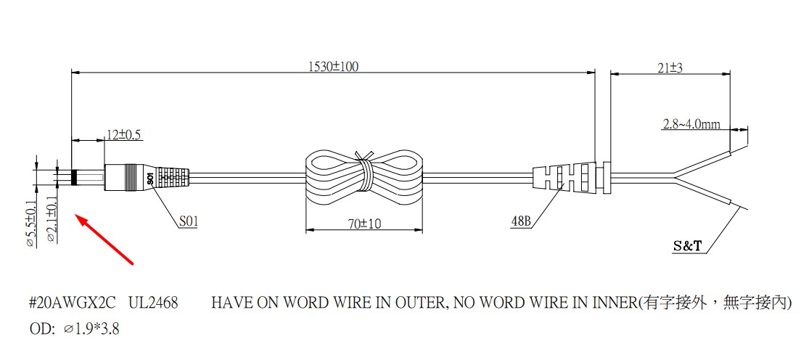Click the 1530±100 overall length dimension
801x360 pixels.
334,67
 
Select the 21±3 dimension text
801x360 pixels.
670,67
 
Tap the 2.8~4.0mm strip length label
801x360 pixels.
691,123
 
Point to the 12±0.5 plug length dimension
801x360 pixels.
124,134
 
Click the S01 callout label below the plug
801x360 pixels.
188,223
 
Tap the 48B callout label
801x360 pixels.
521,221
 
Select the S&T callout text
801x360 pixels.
688,247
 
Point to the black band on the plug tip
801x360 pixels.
74,177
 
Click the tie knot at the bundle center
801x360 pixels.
365,175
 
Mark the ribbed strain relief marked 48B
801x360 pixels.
564,177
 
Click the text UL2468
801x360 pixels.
153,303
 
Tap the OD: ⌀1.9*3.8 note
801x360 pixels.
74,330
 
